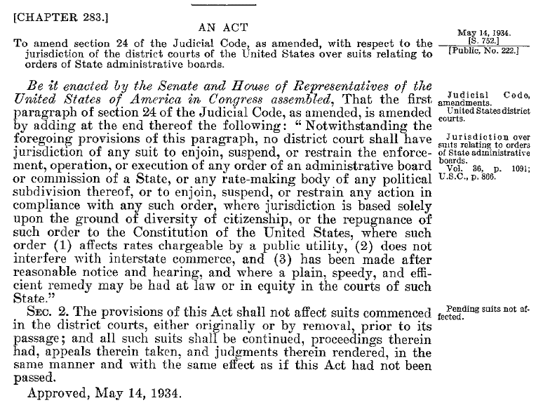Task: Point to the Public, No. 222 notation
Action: pyautogui.click(x=483, y=50)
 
